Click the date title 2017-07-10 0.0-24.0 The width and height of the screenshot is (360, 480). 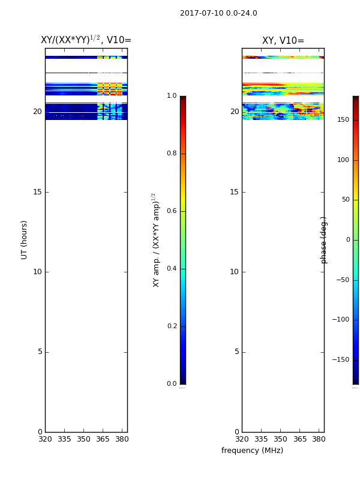tap(218, 13)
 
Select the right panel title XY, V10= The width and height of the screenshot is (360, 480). tap(283, 40)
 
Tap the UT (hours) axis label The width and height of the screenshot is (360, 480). tap(24, 240)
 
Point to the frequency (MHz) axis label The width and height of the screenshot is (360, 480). tap(252, 451)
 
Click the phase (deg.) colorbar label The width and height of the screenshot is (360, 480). tap(323, 241)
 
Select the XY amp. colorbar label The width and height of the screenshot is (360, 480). tap(156, 241)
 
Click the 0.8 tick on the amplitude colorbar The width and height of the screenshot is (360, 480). tap(172, 153)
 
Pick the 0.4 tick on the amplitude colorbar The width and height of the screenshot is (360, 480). tap(172, 268)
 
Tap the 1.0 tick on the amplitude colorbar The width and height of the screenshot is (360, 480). tap(172, 95)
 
